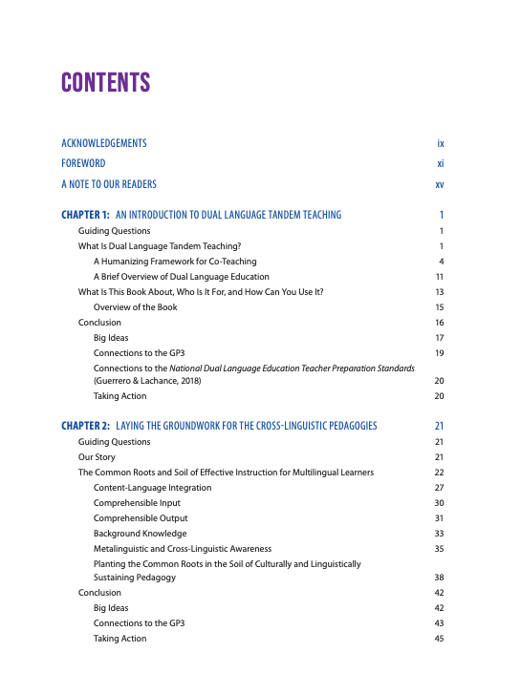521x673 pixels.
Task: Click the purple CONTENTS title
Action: click(106, 82)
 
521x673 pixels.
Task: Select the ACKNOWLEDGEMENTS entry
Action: click(104, 143)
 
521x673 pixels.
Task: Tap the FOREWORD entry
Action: click(84, 163)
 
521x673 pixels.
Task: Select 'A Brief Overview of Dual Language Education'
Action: click(183, 276)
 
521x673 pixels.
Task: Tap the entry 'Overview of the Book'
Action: click(135, 306)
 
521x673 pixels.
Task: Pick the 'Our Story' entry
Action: click(97, 457)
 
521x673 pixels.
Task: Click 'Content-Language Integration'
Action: click(152, 488)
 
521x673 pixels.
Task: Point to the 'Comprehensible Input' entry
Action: click(137, 502)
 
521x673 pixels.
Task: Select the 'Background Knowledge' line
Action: click(140, 533)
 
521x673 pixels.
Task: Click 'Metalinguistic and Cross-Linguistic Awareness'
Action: click(182, 548)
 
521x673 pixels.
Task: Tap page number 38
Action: click(439, 578)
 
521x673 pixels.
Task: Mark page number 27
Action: click(439, 488)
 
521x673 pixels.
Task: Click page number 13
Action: click(439, 291)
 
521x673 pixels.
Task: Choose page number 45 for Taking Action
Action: click(439, 639)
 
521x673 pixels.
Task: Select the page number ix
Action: click(440, 143)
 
